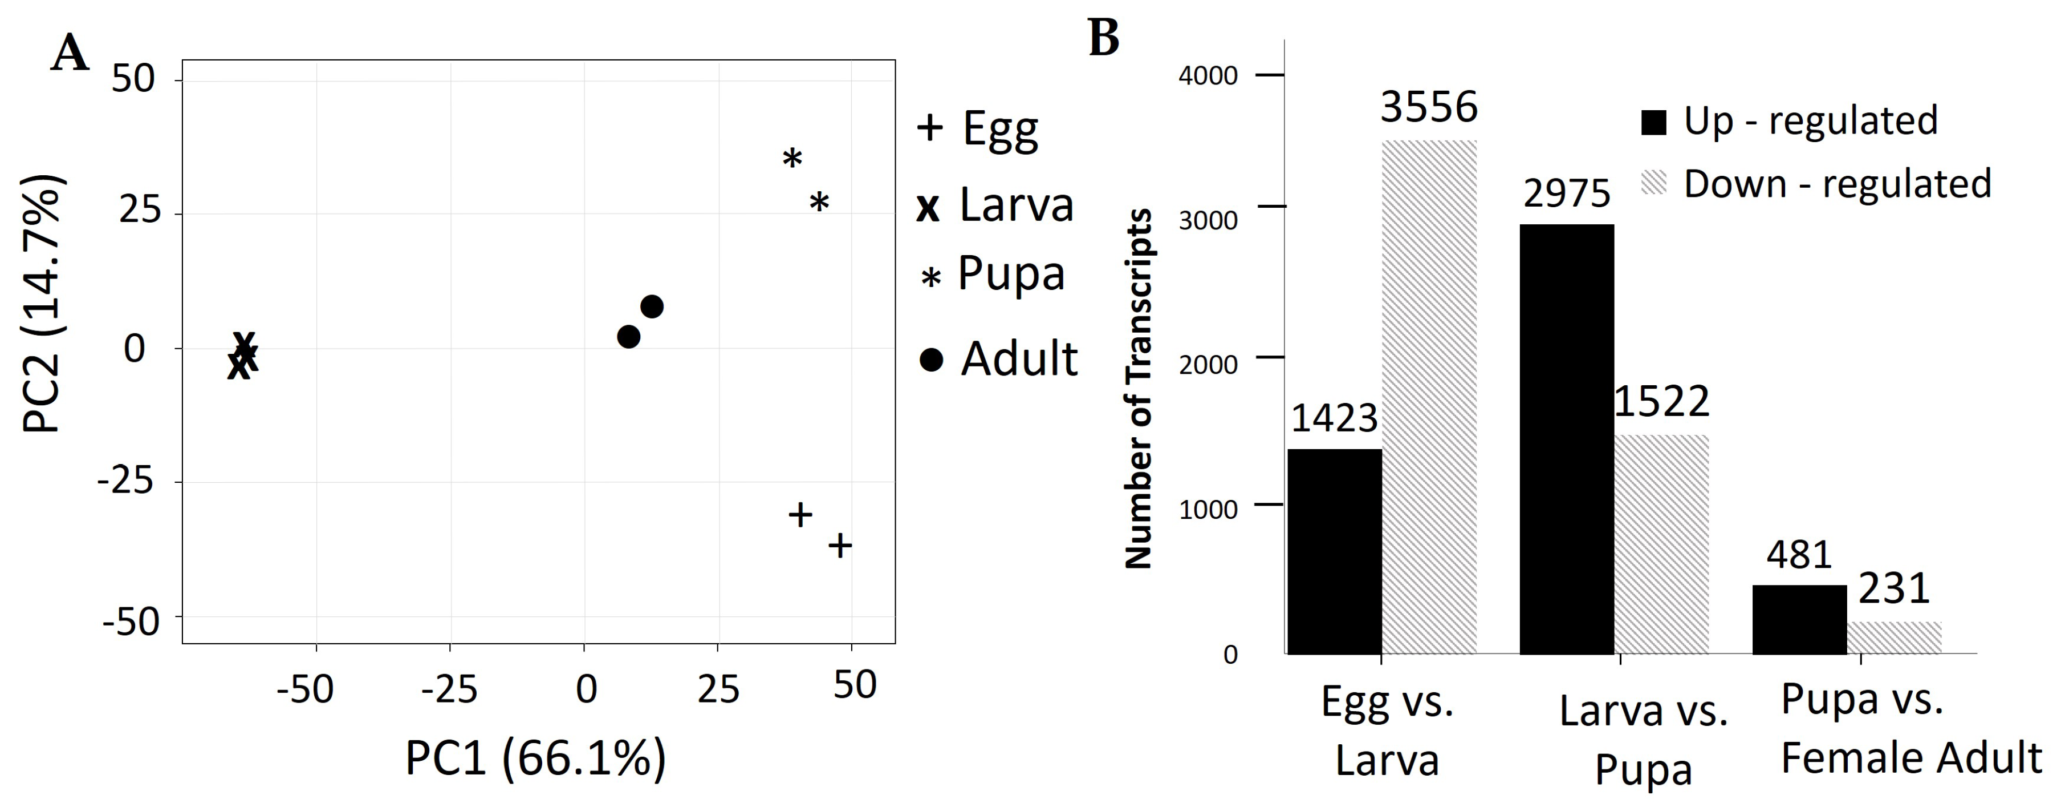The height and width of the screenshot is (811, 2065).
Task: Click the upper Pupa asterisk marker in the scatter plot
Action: [x=792, y=159]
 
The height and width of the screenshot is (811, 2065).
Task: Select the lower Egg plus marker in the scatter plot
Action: [x=839, y=546]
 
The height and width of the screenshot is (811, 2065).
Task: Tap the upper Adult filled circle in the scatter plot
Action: [x=652, y=306]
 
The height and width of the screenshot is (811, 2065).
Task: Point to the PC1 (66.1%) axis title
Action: [x=535, y=758]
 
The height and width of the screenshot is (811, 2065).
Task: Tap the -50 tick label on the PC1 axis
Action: [x=304, y=689]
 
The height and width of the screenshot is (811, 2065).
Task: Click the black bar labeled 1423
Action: [x=1335, y=552]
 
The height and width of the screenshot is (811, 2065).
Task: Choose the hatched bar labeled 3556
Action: [x=1429, y=397]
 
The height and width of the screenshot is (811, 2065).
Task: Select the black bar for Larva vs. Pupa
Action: [x=1567, y=439]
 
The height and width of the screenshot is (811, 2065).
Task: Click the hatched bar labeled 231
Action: [x=1895, y=637]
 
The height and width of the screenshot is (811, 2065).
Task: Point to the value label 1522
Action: [x=1662, y=402]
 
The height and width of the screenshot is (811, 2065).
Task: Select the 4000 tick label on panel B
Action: [x=1208, y=76]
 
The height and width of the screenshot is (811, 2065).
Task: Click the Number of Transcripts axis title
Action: [x=1139, y=389]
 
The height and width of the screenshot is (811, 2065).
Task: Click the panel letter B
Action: [x=1104, y=38]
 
